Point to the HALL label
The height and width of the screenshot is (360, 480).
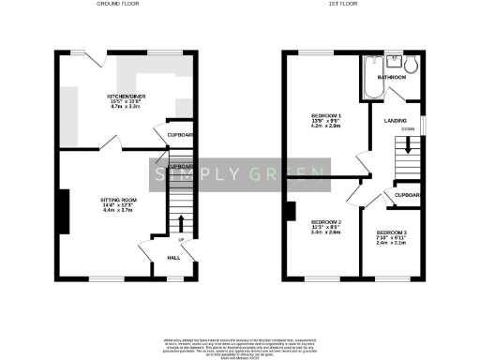(173, 258)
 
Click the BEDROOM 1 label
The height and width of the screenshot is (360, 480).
(326, 117)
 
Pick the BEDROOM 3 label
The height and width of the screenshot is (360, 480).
(391, 232)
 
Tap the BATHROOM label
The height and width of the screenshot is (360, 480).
(392, 77)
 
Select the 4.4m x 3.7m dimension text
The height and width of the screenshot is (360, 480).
(118, 211)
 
